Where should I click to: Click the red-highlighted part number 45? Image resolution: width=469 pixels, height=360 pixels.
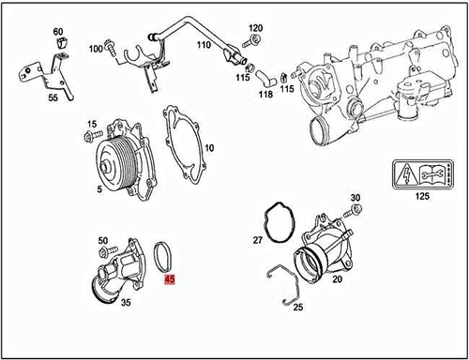[170, 278]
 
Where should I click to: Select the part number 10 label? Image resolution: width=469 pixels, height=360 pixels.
[209, 148]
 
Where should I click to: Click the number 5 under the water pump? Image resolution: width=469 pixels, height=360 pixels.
[98, 187]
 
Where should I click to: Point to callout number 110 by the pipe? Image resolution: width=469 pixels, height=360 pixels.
[204, 45]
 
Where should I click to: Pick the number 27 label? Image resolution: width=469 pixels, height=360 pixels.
[258, 240]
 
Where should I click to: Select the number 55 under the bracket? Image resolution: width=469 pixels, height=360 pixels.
[53, 97]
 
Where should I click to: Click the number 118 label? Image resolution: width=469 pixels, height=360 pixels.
[265, 93]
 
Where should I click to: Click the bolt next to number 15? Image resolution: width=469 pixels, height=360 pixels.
[91, 137]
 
